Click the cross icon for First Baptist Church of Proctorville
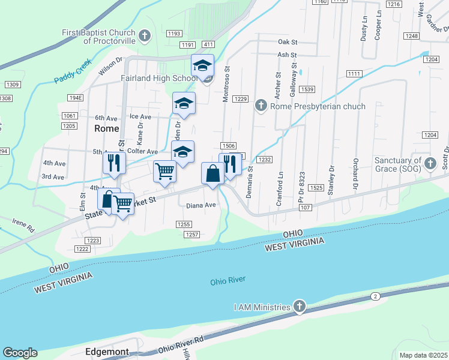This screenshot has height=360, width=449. (x=144, y=36)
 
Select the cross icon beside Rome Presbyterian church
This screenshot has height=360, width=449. (x=261, y=106)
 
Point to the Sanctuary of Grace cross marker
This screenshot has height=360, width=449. (x=430, y=163)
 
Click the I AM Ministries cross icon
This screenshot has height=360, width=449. (x=300, y=307)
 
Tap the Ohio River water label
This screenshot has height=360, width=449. (x=228, y=281)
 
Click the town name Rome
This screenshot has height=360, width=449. (x=107, y=128)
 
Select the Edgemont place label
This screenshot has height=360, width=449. (x=107, y=352)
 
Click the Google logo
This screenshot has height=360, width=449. (x=20, y=353)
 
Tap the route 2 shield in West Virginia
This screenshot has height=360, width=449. (x=375, y=296)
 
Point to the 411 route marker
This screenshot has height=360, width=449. (x=208, y=45)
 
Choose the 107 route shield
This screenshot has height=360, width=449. (x=304, y=208)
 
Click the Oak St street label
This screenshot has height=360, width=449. (x=288, y=42)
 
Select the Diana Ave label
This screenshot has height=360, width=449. (x=200, y=205)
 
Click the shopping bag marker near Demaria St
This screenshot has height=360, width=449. (x=212, y=175)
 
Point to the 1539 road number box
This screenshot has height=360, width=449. (x=307, y=89)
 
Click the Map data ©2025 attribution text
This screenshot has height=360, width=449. (x=423, y=355)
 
